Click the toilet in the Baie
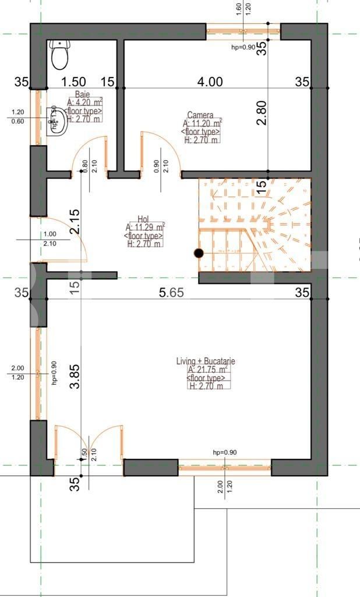pos(59,55)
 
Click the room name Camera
pos(200,115)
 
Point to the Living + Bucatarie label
pos(206,361)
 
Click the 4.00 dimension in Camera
pos(210,82)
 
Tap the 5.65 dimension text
pos(171,293)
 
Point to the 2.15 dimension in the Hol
pos(75,222)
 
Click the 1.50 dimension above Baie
pos(74,82)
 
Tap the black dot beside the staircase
pos(199,253)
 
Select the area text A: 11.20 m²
pos(202,124)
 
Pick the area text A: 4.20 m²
pos(85,103)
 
